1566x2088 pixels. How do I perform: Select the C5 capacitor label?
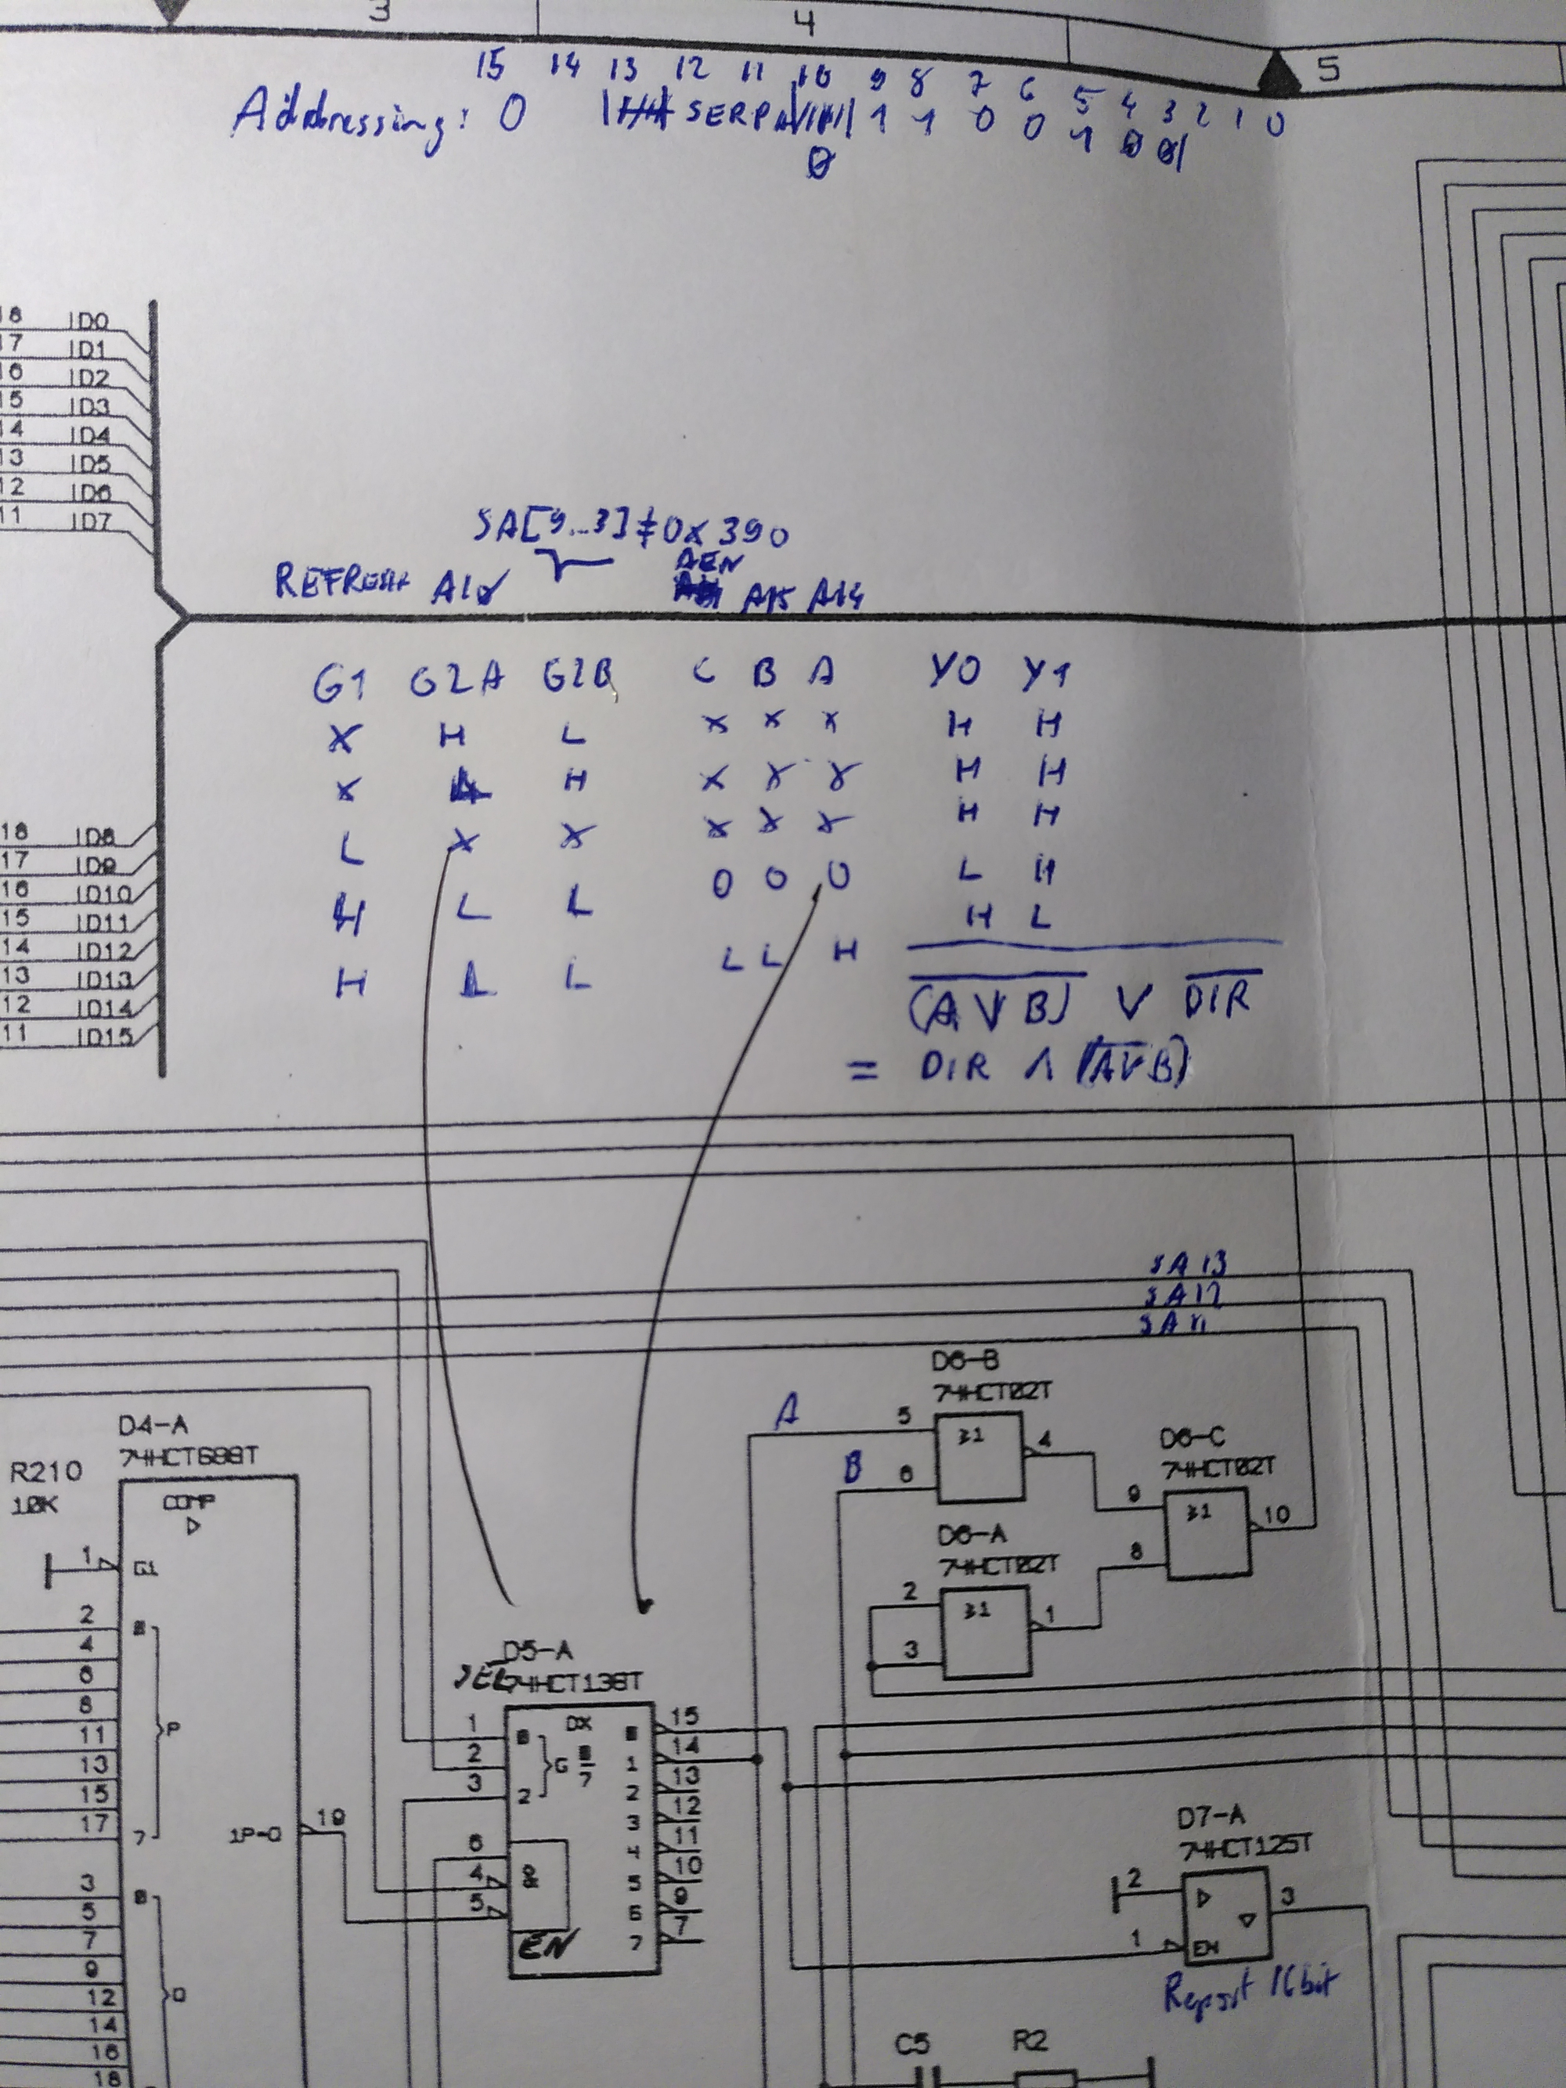(x=913, y=2043)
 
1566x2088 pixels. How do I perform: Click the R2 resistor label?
(x=1030, y=2042)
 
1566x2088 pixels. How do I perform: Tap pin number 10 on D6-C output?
(x=1276, y=1515)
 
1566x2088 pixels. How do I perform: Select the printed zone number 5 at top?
(x=1327, y=68)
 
